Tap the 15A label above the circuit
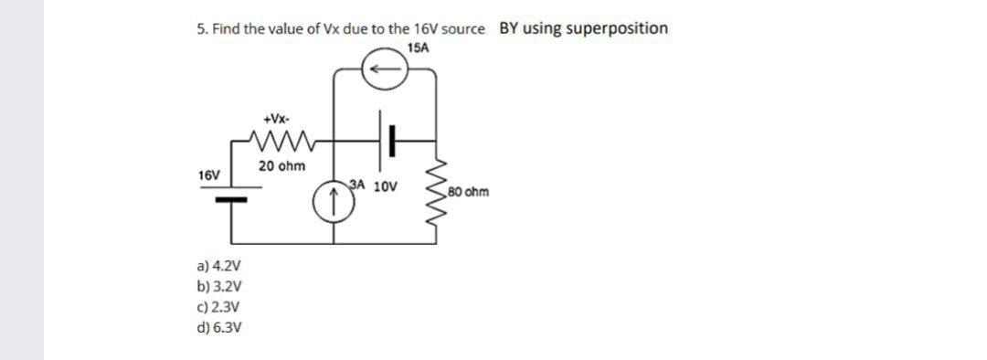[x=417, y=46]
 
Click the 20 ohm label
[x=281, y=166]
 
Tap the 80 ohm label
[x=469, y=192]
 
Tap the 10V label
[x=387, y=186]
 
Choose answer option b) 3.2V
[x=218, y=287]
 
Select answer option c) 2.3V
[x=218, y=308]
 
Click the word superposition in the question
[x=617, y=28]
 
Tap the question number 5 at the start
[x=200, y=29]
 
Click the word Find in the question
[x=224, y=29]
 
